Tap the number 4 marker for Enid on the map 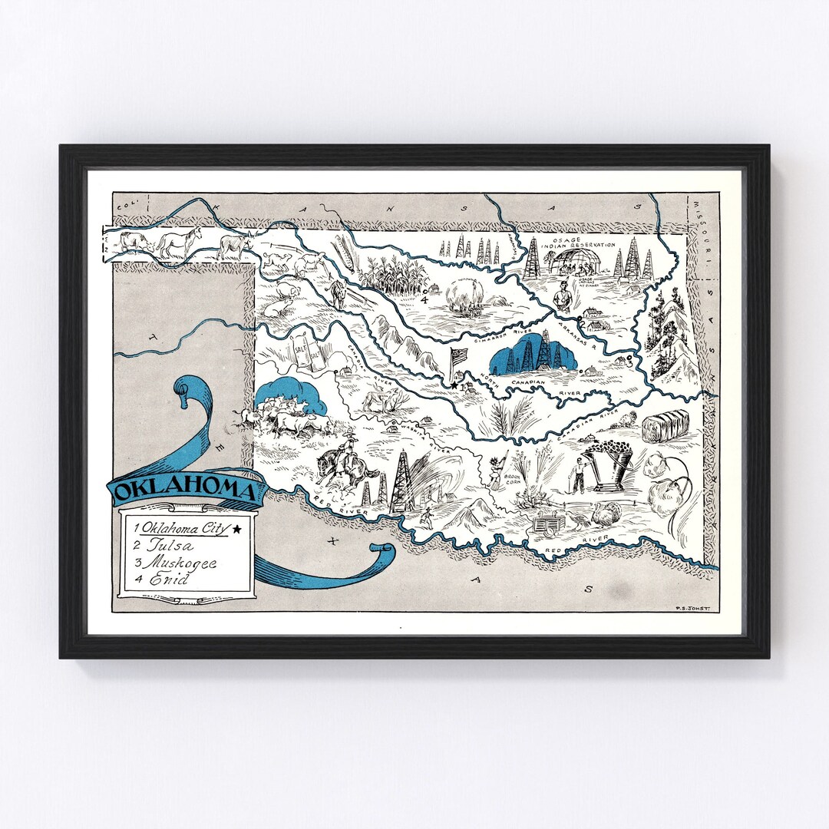point(424,299)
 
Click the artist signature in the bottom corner point(695,605)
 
